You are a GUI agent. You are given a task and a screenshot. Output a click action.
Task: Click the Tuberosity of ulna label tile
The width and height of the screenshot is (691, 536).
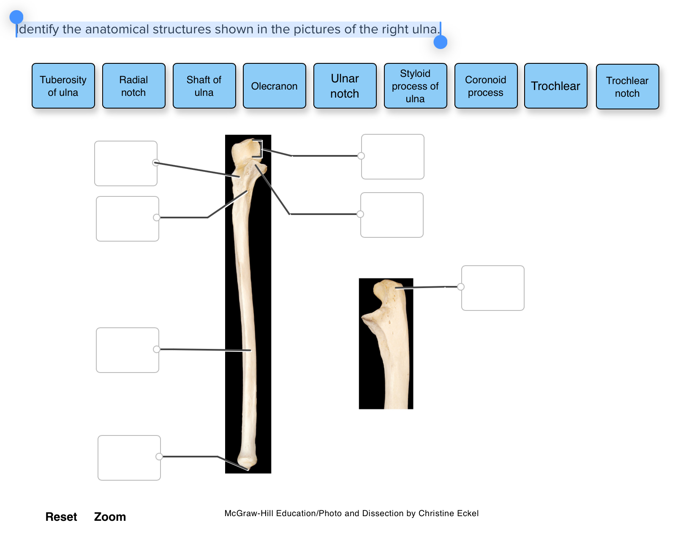63,86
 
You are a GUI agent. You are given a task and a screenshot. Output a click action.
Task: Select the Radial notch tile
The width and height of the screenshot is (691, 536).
133,86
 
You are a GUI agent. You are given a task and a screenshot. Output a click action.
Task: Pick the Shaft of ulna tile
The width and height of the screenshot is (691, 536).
204,86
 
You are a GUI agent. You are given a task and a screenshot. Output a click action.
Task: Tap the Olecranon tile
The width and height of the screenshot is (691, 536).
274,86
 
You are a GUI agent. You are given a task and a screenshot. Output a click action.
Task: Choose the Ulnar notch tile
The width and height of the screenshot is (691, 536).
345,86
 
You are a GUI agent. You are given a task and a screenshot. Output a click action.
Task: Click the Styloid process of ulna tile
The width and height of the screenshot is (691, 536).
415,86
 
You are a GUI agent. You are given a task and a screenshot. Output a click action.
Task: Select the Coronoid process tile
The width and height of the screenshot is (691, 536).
486,86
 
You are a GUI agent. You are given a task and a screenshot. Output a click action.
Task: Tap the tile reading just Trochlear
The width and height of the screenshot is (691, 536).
555,86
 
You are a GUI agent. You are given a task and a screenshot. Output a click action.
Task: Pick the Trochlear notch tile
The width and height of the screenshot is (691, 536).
627,87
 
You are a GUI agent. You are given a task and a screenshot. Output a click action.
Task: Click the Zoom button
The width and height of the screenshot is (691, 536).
110,517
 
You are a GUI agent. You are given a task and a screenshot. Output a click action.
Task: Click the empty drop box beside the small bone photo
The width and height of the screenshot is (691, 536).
493,288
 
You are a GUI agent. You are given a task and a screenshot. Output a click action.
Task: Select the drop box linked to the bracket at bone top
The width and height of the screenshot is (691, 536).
393,157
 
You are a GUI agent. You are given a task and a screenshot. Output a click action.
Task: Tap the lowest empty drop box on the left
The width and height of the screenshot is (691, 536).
129,458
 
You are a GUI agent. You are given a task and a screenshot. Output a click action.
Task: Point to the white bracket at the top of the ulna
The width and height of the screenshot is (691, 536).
258,148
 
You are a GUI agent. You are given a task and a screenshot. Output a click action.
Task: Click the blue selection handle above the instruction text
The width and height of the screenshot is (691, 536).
16,17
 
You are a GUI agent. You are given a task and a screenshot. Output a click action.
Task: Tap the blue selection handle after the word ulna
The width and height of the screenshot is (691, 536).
440,42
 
